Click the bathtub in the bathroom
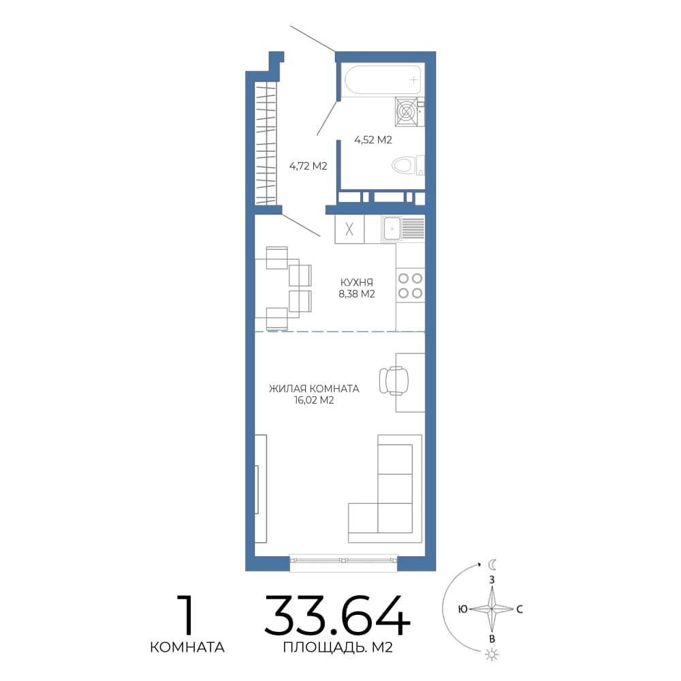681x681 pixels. point(383,80)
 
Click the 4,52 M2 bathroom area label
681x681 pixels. point(373,140)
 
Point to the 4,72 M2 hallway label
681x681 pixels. point(308,166)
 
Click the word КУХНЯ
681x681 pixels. point(357,283)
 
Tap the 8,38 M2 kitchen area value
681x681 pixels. point(357,294)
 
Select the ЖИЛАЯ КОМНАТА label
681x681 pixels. point(314,389)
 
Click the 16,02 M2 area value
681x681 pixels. point(314,400)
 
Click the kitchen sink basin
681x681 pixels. point(392,228)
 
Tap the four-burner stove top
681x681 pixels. point(410,285)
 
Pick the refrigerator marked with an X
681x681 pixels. point(349,229)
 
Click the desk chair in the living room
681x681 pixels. point(394,381)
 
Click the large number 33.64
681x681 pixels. point(338,616)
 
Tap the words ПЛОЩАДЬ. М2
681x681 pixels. point(338,647)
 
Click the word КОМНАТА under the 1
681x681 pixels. point(187,647)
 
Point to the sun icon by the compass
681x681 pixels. point(492,654)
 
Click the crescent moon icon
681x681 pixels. point(492,565)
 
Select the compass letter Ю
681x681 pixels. point(463,609)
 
